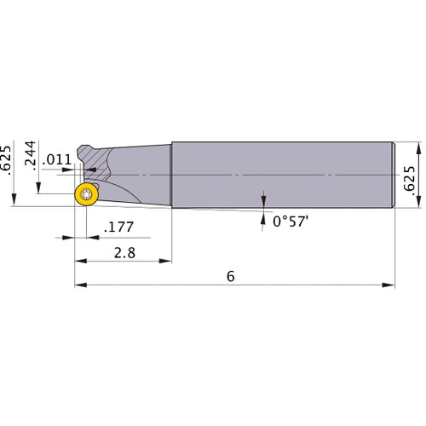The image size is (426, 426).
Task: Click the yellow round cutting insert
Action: tap(86, 194)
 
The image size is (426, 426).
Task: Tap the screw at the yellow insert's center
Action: tap(86, 194)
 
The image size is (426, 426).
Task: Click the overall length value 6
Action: tap(230, 276)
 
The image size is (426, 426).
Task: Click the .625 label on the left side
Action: tap(8, 159)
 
